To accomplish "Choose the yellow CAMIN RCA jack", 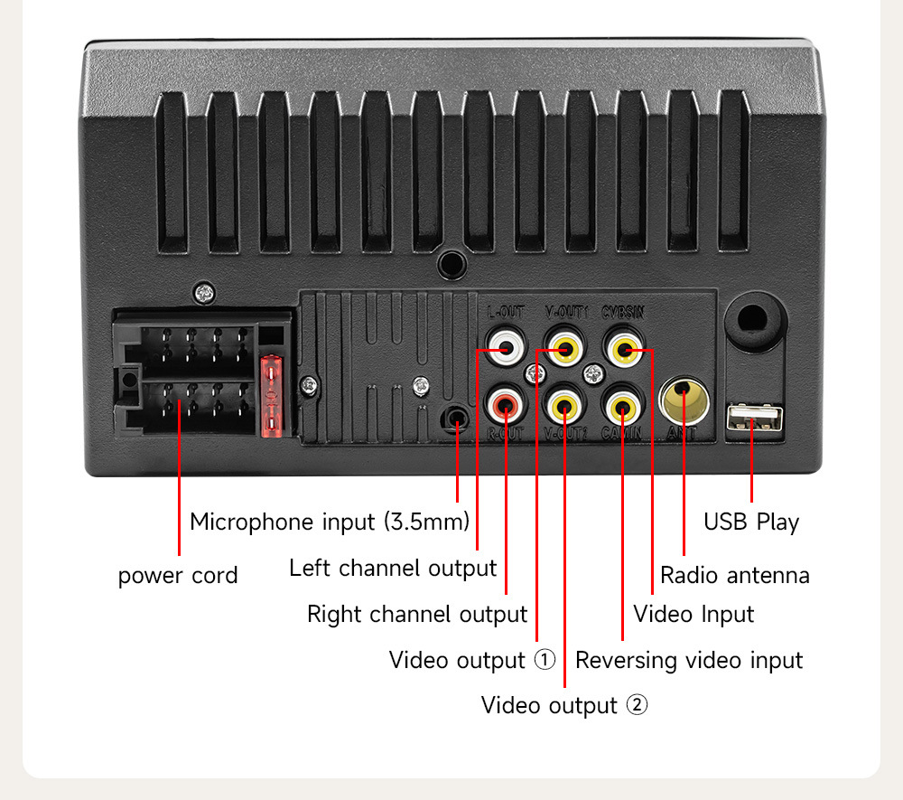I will tap(623, 405).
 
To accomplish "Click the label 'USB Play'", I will tap(751, 522).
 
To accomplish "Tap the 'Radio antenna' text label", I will tap(734, 575).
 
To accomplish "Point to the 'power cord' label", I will tap(178, 576).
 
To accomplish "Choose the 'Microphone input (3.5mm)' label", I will tap(330, 522).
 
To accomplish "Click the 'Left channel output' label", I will tap(393, 568).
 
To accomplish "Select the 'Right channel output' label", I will tap(417, 614).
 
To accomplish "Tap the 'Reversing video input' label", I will tap(689, 660).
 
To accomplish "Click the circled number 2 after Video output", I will tap(637, 705).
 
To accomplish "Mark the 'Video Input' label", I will tap(694, 614).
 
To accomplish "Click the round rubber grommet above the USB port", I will tap(754, 320).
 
